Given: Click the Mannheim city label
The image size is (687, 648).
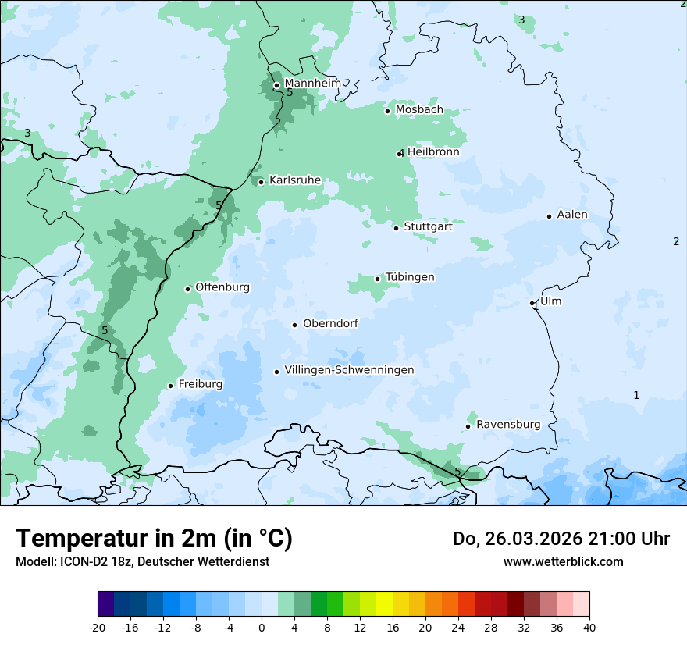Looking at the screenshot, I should (312, 83).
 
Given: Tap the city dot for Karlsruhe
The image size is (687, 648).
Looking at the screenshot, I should (262, 182).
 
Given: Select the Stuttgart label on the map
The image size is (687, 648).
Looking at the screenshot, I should (428, 226).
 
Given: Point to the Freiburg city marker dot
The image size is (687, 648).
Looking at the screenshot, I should (171, 386).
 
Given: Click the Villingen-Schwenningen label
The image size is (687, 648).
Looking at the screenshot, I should (349, 370).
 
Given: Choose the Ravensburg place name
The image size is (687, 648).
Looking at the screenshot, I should (508, 425).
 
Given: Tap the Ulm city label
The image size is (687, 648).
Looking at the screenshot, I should (550, 301).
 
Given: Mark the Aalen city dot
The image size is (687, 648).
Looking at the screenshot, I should (550, 216).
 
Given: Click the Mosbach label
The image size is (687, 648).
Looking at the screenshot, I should (419, 110).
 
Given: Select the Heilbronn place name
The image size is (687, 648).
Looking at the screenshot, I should (433, 152).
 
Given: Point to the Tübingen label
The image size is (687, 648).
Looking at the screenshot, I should (410, 277).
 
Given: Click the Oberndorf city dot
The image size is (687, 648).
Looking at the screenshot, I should (295, 325).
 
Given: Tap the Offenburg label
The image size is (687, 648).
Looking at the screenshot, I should (222, 287).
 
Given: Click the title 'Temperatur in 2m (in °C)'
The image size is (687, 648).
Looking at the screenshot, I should (155, 539).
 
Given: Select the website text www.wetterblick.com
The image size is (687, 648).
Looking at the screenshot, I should (563, 561).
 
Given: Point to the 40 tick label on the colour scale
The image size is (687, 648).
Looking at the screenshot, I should (589, 628).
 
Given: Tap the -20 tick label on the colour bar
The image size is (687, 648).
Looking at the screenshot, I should (98, 628).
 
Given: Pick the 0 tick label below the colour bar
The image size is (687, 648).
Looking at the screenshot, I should (262, 628).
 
